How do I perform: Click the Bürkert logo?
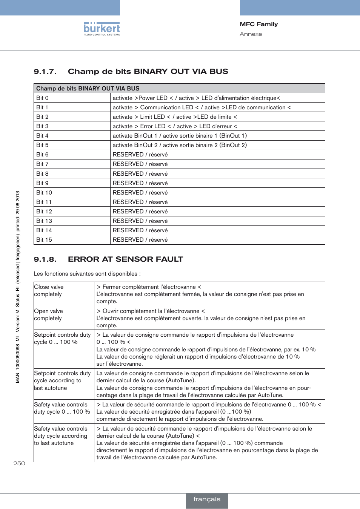coord(102,29)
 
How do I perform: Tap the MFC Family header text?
coord(258,24)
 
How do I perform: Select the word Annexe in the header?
coord(251,34)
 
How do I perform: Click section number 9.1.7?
coord(45,72)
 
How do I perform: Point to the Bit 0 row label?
coord(42,98)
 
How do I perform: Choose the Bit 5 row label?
coord(42,145)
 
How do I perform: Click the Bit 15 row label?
coord(44,240)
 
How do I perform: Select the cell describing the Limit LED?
coord(175,117)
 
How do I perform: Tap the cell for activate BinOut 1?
coord(180,136)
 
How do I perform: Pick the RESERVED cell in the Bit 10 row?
coord(140,193)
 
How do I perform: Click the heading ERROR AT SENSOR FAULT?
coord(125,259)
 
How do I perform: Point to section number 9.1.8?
coord(45,259)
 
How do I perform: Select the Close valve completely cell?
coord(49,291)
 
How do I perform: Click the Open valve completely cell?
coord(48,315)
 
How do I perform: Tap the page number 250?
coord(19,463)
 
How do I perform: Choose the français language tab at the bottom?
coord(207,499)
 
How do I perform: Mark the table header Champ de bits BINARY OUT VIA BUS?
coord(88,89)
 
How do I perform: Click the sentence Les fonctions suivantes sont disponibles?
coord(87,274)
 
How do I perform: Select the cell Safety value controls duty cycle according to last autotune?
coord(61,436)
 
